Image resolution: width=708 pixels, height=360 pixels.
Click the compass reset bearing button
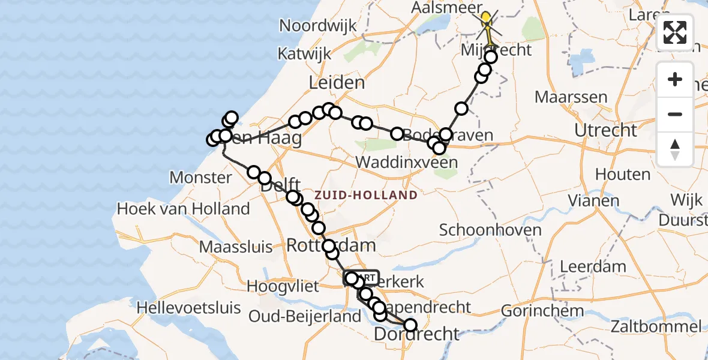point(675,149)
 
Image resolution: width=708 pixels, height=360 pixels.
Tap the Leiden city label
point(337,83)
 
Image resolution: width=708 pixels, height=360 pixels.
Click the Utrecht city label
point(605,130)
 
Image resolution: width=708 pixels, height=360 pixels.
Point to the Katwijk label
point(304,53)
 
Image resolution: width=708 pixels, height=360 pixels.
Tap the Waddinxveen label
point(406,162)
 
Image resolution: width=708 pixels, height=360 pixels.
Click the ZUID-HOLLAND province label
point(365,195)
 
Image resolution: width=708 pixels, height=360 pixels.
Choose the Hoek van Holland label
point(184,209)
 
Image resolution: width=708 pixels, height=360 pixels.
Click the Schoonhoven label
point(482,230)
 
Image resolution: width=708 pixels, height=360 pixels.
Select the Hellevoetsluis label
point(189,308)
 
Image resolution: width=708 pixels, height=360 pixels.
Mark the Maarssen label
point(571,97)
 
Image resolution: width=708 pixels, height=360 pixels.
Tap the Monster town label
point(200,178)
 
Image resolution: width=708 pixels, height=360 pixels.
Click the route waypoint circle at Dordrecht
point(410,325)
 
